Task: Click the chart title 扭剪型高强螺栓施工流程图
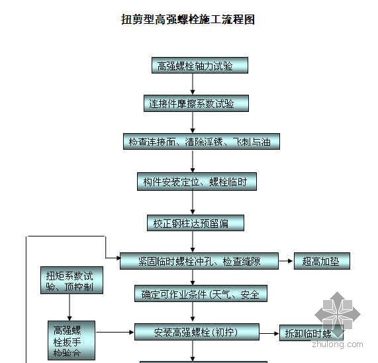point(188,20)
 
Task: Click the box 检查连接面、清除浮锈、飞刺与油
point(193,142)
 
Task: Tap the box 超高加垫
point(322,261)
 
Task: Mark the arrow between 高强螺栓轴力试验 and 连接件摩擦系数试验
point(193,84)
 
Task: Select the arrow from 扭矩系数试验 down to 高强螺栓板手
point(70,308)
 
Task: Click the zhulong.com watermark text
point(331,344)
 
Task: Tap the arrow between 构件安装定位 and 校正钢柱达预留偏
point(193,203)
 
